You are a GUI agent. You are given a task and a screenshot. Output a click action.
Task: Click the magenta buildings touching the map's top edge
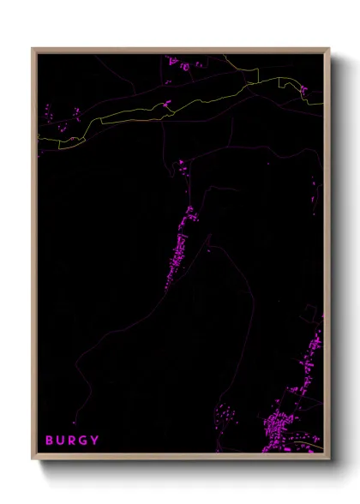[182, 63]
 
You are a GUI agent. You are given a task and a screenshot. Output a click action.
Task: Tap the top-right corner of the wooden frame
[328, 49]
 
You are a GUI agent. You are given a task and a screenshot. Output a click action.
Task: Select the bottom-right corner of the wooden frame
[328, 459]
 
